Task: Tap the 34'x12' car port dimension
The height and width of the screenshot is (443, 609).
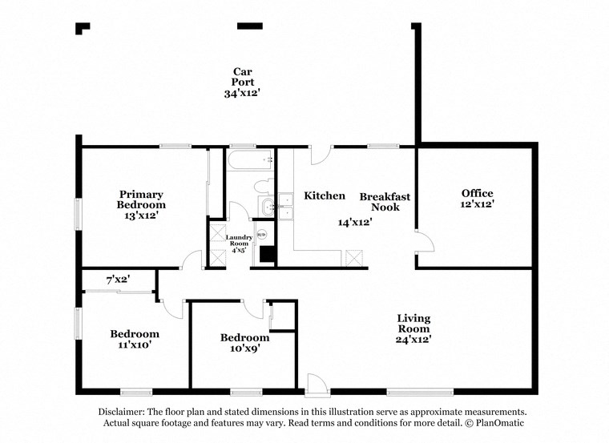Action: [242, 94]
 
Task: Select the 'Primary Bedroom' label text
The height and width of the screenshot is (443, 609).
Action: [141, 199]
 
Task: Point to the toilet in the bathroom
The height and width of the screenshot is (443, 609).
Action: [262, 187]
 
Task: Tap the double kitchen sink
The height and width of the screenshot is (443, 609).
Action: [285, 205]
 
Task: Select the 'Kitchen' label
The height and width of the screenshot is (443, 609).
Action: [325, 195]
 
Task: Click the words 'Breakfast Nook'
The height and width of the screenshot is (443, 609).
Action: [385, 202]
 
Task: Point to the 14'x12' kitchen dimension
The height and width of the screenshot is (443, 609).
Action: [354, 222]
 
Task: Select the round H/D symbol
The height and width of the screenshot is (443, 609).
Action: [260, 234]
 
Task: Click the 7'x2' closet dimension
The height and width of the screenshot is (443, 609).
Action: [118, 280]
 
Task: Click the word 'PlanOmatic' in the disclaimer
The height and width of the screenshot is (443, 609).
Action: [500, 422]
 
